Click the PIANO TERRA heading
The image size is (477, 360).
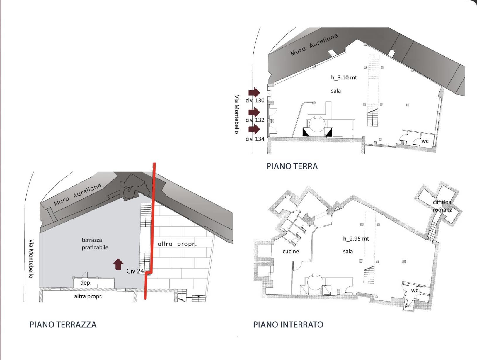(292, 166)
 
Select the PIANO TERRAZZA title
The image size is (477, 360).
(63, 325)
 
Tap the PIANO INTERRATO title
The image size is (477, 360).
(288, 325)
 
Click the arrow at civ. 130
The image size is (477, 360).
(254, 92)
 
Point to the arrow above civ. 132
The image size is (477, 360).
(254, 112)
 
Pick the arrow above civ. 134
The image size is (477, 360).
(254, 129)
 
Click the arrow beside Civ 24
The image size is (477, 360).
(118, 264)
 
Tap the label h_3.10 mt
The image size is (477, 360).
(344, 78)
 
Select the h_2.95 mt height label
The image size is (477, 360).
(356, 239)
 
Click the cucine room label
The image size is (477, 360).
(291, 252)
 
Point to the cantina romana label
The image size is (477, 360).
(442, 206)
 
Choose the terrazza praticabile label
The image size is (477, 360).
(95, 244)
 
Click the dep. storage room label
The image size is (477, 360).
(86, 283)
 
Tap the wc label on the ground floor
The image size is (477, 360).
(425, 141)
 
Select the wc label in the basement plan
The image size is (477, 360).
(415, 291)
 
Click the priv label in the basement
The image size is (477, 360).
(408, 306)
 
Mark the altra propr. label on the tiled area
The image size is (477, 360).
(177, 244)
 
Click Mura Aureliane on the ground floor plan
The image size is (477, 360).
(314, 45)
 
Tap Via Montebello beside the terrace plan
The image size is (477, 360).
(31, 259)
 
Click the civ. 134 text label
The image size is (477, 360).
(255, 139)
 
